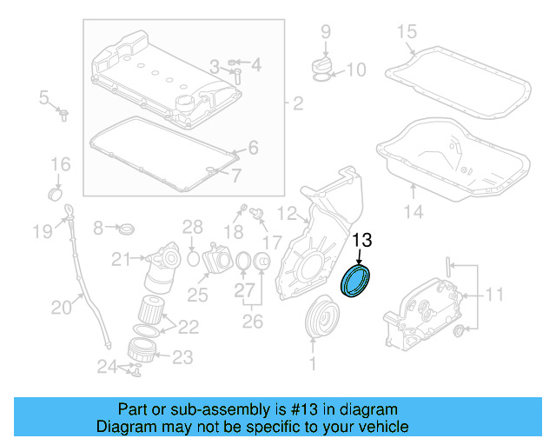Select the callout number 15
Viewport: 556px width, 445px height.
[x=407, y=33]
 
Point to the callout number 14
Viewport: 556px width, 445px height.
[x=414, y=211]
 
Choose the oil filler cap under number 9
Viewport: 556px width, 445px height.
[x=320, y=65]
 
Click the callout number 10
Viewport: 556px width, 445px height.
[x=356, y=70]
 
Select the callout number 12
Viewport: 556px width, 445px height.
[x=288, y=213]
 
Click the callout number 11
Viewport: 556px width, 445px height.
[x=494, y=296]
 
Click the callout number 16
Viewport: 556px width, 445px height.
[x=60, y=164]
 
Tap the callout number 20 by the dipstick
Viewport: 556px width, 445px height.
[x=61, y=306]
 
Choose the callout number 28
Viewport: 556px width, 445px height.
[x=192, y=228]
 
